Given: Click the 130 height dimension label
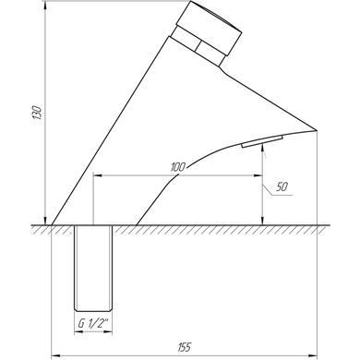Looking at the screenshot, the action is point(37,113).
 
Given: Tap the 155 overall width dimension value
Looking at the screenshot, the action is point(185,347).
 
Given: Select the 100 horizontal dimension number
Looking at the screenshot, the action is point(178,167).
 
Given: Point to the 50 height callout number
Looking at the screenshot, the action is point(282,186).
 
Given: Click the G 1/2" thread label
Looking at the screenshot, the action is point(93,323).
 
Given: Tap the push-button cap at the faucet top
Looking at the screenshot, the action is point(210,29).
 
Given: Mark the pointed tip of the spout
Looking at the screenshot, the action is point(317,130).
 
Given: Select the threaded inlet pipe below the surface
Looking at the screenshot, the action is point(93,269).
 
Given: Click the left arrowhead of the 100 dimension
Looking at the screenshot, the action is point(98,176).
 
